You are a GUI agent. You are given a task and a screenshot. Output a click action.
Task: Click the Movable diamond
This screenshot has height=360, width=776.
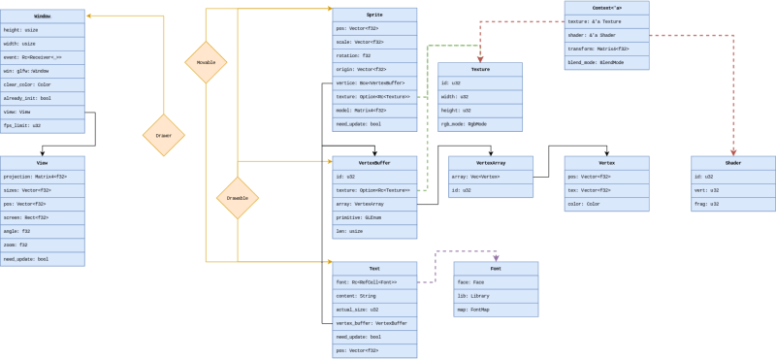click(x=207, y=62)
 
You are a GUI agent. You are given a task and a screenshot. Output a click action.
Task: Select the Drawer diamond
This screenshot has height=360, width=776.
click(x=164, y=136)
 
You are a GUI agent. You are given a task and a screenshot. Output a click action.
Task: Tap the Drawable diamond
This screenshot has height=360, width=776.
click(x=237, y=198)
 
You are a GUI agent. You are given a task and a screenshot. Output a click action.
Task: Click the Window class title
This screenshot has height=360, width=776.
click(x=43, y=16)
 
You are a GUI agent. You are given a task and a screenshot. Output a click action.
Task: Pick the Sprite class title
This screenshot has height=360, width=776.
click(x=374, y=15)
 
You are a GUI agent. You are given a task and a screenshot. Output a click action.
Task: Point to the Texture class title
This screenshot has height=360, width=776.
click(x=480, y=70)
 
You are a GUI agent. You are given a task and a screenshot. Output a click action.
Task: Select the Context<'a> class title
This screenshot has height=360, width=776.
click(x=606, y=8)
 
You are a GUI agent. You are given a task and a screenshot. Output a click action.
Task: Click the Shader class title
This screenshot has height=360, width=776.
click(x=732, y=163)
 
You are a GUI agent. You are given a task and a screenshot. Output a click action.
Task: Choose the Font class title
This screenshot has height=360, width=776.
click(x=495, y=268)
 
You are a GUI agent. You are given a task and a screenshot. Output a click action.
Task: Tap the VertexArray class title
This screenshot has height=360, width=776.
click(x=490, y=163)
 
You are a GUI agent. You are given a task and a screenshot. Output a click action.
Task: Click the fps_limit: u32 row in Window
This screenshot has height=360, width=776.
click(x=43, y=125)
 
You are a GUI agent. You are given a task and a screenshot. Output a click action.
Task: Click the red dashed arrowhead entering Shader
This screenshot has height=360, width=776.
click(x=732, y=150)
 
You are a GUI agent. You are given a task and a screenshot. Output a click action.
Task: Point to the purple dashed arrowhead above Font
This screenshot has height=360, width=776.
click(x=495, y=256)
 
